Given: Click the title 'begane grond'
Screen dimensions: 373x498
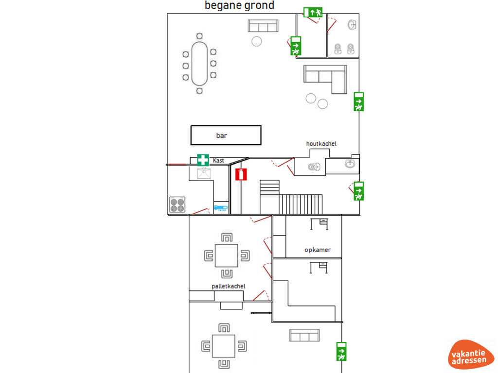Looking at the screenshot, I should point(239,6).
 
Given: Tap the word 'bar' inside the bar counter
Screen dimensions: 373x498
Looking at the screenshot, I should point(222,136).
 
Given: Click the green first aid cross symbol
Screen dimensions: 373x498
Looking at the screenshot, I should point(203,160).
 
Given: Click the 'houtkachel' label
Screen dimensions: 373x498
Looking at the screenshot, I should point(321,144).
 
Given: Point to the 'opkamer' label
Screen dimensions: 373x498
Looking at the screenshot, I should point(318,250).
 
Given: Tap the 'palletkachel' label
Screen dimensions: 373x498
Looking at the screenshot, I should point(228,286).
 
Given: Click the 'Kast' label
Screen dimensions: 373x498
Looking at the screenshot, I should point(218,160).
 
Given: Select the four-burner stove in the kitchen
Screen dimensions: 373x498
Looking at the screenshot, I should point(177,204).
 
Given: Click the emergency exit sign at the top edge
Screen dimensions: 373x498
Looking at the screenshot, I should point(313,12).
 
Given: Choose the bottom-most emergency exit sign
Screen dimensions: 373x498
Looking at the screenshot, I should point(341,352).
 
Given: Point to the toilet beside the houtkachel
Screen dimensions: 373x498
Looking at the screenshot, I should point(314,167).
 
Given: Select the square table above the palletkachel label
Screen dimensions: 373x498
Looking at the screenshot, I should point(227,255).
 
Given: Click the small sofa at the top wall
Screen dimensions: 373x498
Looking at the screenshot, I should point(263,26).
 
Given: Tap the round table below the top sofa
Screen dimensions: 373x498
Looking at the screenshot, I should point(257,41).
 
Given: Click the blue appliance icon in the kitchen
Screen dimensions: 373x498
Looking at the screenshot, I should point(221,207).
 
